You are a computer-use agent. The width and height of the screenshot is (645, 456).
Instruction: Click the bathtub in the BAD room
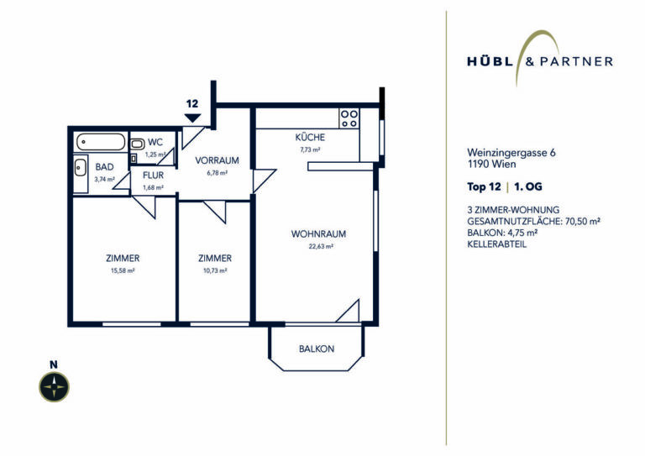click(101, 142)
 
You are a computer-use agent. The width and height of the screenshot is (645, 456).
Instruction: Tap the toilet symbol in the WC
click(137, 144)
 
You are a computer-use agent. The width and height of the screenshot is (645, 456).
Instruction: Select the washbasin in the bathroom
click(81, 168)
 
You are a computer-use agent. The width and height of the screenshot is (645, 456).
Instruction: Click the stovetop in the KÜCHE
click(349, 118)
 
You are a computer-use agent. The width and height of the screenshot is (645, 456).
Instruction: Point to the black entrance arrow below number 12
click(192, 118)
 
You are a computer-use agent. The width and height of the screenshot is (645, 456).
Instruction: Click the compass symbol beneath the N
click(54, 387)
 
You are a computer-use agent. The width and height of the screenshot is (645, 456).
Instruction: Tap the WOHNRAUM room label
click(318, 234)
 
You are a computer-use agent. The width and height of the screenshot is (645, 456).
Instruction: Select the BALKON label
click(317, 349)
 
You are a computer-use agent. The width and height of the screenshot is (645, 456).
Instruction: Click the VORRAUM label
click(217, 160)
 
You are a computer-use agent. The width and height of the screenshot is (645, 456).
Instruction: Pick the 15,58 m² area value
click(123, 270)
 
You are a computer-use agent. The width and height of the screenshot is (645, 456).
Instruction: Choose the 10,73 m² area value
click(215, 270)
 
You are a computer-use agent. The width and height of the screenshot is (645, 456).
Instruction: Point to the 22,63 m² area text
click(321, 246)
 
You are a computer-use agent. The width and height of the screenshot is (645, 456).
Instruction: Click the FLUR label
click(153, 176)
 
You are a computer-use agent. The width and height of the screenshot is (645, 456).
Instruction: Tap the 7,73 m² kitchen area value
click(310, 149)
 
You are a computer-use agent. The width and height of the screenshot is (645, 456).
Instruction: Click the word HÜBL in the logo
click(490, 61)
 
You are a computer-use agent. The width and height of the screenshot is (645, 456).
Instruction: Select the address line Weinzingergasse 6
click(511, 153)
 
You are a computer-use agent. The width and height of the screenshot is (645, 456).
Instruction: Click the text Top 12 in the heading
click(484, 186)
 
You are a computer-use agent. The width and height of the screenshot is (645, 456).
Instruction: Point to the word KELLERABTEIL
click(496, 244)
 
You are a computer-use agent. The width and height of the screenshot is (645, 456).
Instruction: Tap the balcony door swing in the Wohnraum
click(348, 311)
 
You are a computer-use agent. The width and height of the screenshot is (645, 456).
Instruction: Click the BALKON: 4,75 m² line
click(503, 233)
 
